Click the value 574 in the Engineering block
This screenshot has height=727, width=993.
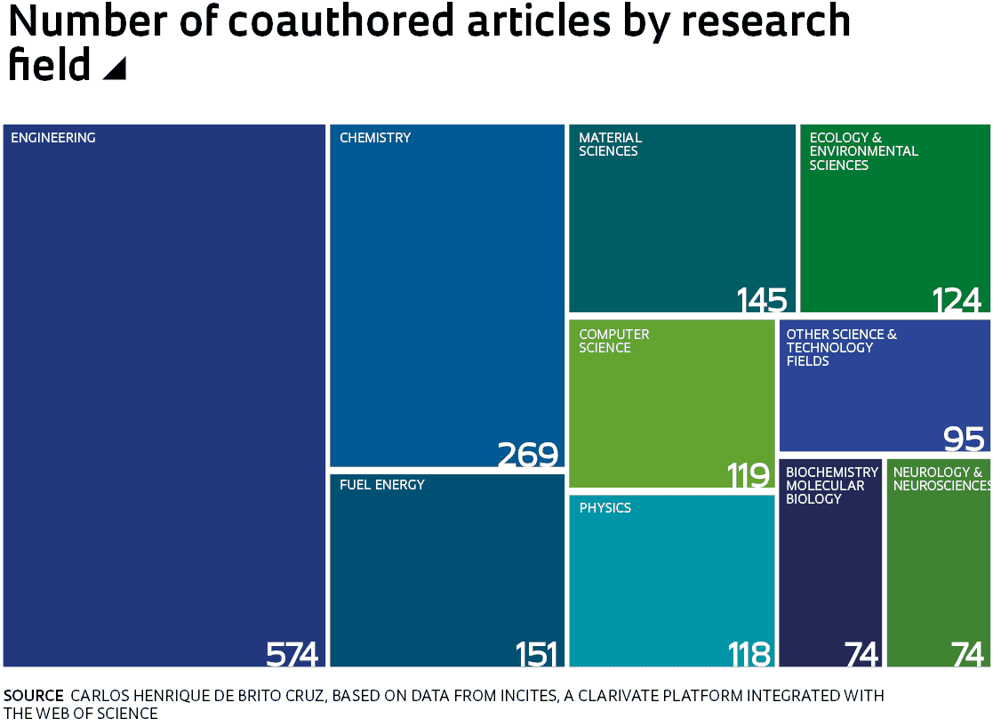point(292,655)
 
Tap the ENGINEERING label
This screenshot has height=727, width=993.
point(53,138)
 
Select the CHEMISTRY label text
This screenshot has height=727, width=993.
point(375,138)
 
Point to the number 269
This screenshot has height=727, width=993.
point(527,455)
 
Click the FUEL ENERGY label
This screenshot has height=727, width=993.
point(382,485)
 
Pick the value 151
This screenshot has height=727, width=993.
point(536,655)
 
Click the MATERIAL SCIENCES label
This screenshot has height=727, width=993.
point(610,144)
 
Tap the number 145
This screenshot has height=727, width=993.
point(762,301)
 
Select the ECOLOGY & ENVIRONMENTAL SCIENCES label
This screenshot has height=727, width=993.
point(863,151)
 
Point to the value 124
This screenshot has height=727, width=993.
point(957,301)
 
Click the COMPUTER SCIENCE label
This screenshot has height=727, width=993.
point(614,341)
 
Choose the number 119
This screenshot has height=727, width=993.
point(749,476)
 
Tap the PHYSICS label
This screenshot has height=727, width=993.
point(605,508)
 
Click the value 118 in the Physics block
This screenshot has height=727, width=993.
point(749,655)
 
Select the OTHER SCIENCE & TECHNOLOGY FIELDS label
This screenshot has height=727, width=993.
point(841,348)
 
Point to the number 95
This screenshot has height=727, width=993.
point(964,439)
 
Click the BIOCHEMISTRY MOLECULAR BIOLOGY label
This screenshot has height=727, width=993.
point(832,485)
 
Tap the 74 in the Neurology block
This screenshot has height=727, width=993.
point(967,655)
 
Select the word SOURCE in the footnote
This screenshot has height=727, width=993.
point(34,696)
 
